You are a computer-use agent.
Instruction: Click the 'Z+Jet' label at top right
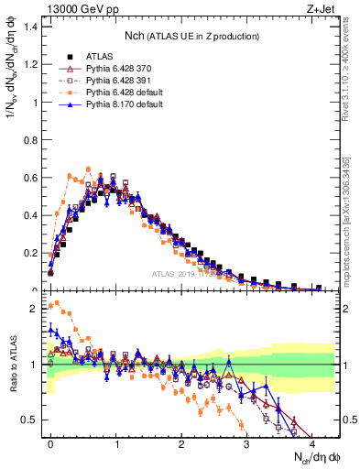(320, 12)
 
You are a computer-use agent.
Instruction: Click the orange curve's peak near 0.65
(88, 169)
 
